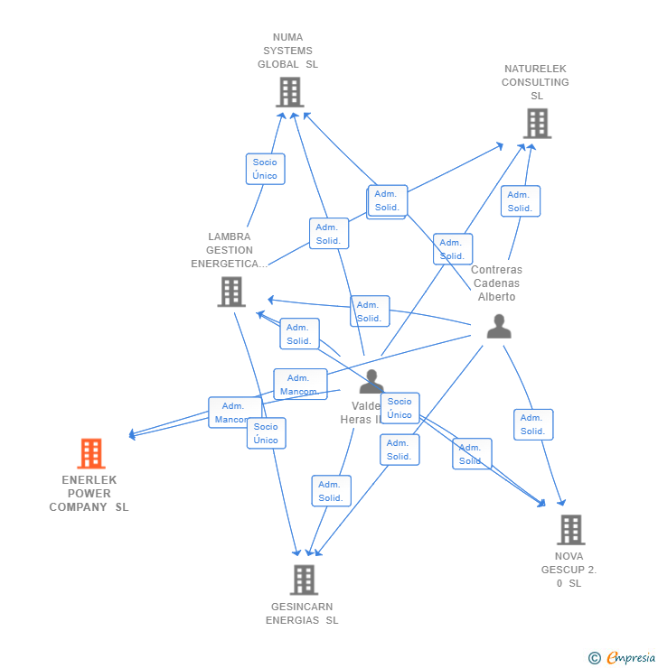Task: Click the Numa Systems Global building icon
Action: click(x=289, y=92)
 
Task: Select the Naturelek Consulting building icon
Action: click(x=537, y=123)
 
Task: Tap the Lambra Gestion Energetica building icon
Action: click(x=231, y=292)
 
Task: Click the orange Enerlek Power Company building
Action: click(x=90, y=453)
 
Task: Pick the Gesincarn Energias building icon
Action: click(x=304, y=580)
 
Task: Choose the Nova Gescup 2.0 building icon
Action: click(x=570, y=530)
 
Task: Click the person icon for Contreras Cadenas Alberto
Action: click(x=499, y=327)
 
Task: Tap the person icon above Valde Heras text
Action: click(x=371, y=382)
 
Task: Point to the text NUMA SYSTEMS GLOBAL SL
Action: click(x=288, y=51)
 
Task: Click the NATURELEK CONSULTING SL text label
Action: click(x=536, y=82)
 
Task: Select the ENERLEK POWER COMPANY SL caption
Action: click(x=89, y=494)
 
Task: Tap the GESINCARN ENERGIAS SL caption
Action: click(x=302, y=614)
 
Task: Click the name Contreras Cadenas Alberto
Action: click(x=496, y=283)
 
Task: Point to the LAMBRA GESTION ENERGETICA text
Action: click(x=229, y=250)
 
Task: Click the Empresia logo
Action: click(x=630, y=658)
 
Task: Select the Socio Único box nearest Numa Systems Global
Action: click(x=265, y=169)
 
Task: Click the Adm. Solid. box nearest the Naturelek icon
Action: click(x=520, y=201)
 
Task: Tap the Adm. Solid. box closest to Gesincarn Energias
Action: click(x=331, y=491)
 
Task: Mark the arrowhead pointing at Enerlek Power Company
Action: click(x=132, y=434)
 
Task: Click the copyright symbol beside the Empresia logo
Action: click(x=594, y=658)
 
